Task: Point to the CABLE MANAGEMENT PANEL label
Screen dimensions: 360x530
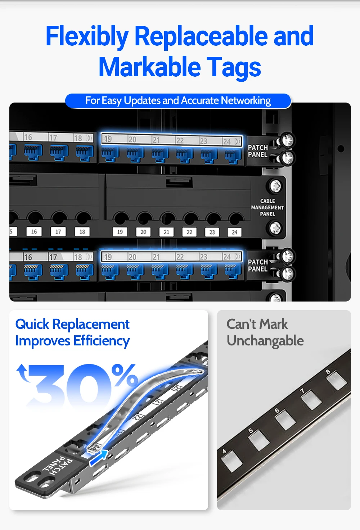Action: (x=267, y=207)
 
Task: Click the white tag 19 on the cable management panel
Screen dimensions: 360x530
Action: (x=120, y=232)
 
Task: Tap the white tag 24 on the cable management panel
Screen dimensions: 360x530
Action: (x=234, y=232)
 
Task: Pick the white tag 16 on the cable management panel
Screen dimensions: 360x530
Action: (x=34, y=232)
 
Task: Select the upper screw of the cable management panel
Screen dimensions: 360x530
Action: (x=275, y=186)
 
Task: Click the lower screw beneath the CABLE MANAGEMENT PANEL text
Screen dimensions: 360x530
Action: (x=275, y=228)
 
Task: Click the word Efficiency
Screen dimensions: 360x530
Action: (x=102, y=341)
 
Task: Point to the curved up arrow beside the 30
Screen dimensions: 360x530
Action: (x=23, y=373)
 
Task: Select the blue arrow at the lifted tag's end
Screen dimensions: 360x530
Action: (x=99, y=457)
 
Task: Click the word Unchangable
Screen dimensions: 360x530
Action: (x=265, y=341)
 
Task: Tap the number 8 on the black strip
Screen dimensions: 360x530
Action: (x=328, y=372)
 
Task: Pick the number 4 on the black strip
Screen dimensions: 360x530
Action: (x=224, y=451)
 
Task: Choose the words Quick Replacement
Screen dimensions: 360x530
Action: (x=72, y=324)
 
